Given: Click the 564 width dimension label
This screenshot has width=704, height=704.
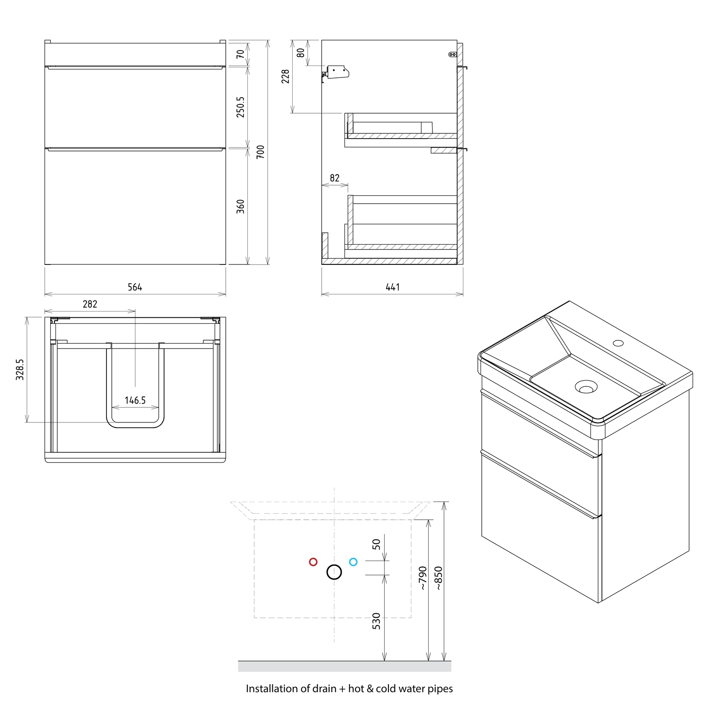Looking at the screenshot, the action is click(x=135, y=287).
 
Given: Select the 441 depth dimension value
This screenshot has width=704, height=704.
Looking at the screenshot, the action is click(x=392, y=287).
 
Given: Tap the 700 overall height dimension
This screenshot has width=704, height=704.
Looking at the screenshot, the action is click(x=260, y=152).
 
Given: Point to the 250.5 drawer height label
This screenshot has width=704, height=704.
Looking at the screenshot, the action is click(x=240, y=107).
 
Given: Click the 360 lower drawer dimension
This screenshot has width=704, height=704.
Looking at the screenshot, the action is click(x=240, y=206).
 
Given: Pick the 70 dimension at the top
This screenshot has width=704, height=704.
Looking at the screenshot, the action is click(x=240, y=54).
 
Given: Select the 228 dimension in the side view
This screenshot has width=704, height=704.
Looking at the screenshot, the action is click(x=286, y=76).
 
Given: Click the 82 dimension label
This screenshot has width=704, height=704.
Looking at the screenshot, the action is click(x=335, y=178).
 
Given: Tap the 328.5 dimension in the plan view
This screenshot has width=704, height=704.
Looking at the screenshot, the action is click(x=20, y=370).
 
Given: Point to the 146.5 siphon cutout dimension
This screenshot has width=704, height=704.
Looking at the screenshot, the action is click(x=135, y=400).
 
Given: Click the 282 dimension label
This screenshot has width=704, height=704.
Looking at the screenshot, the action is click(x=90, y=304).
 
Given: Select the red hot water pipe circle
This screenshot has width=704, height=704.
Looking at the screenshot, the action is click(x=313, y=562).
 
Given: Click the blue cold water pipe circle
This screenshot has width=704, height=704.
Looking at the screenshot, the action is click(x=353, y=562).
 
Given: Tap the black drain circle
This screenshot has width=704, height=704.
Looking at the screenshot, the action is click(x=334, y=572).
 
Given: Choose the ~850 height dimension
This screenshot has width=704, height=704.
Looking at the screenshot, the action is click(x=438, y=578).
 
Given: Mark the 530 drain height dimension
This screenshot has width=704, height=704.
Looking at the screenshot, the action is click(x=376, y=621).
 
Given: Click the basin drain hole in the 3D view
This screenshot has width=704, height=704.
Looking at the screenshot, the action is click(x=586, y=387).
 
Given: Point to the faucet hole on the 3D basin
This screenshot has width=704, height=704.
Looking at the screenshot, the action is click(x=619, y=342).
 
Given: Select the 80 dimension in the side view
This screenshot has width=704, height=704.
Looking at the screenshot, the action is click(x=301, y=53).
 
